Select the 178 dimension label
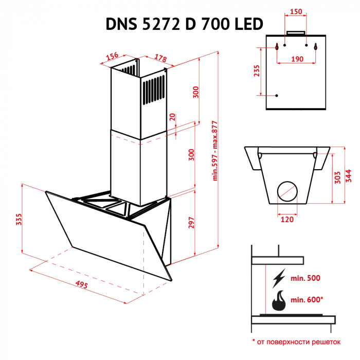pyautogui.click(x=160, y=58)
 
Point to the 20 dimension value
pyautogui.click(x=172, y=118)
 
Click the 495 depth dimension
pyautogui.click(x=79, y=284)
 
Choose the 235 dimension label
pyautogui.click(x=257, y=71)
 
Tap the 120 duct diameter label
pyautogui.click(x=287, y=220)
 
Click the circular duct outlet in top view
pyautogui.click(x=287, y=192)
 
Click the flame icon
pyautogui.click(x=279, y=301)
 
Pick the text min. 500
pyautogui.click(x=305, y=278)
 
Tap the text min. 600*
pyautogui.click(x=307, y=299)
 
